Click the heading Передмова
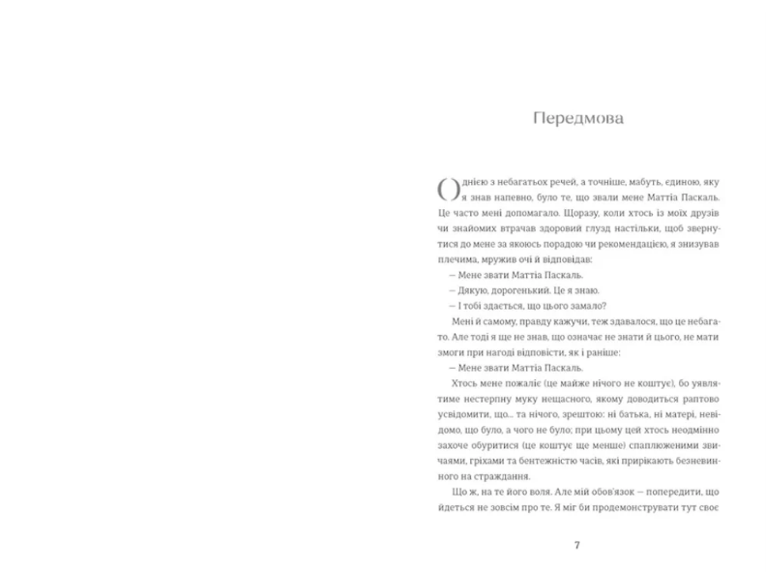point(578,119)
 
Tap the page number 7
point(577,546)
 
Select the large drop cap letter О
point(448,191)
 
